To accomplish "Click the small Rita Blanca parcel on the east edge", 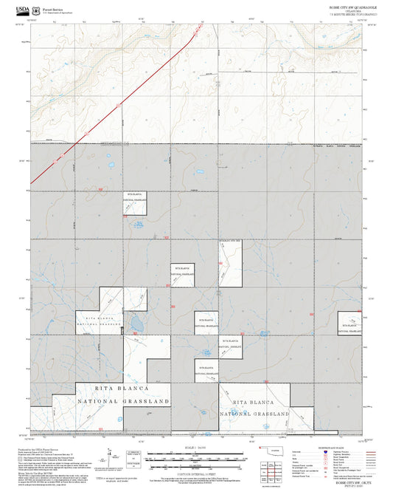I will point(349,322).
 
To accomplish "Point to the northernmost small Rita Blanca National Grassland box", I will point(135,202).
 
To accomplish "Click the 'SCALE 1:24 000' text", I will point(195,446).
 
